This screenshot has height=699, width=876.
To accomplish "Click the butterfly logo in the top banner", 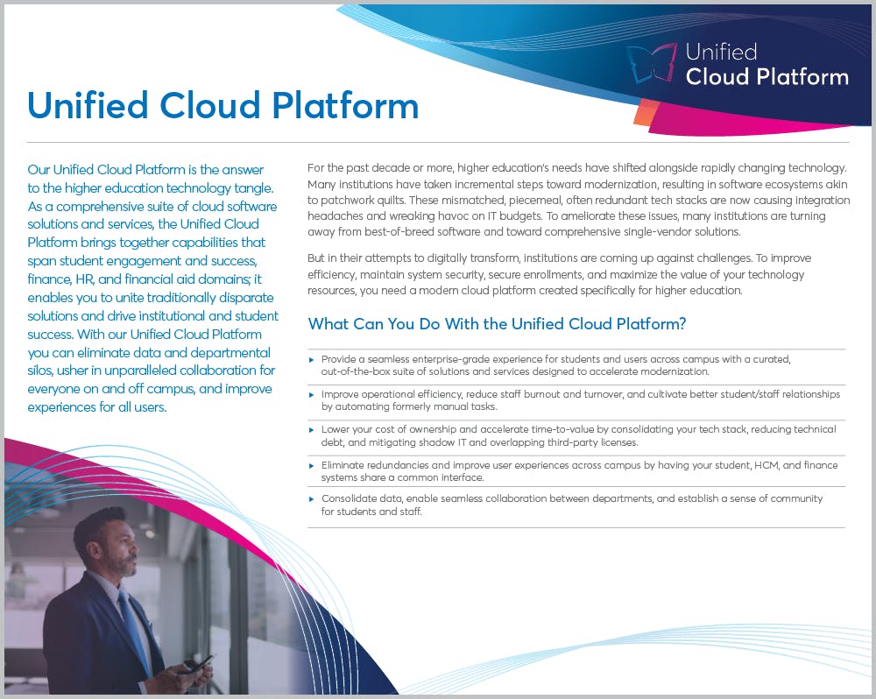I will [x=652, y=65].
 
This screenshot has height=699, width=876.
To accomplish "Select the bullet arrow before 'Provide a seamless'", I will [x=312, y=359].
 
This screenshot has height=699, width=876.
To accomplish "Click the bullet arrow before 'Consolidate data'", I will [x=312, y=498].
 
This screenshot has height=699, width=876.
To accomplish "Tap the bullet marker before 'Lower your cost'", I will [x=312, y=429].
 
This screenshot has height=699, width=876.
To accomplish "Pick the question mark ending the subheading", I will [x=682, y=324].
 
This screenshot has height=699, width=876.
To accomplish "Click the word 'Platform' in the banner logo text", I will [x=805, y=76].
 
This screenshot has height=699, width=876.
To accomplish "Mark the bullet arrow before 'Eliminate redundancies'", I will [x=312, y=464].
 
